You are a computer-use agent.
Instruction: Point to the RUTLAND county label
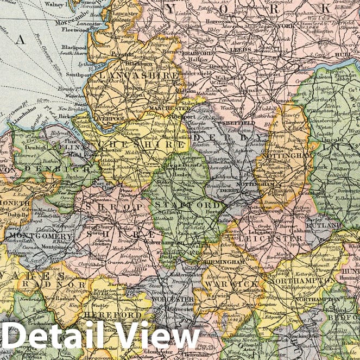(339, 225)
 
